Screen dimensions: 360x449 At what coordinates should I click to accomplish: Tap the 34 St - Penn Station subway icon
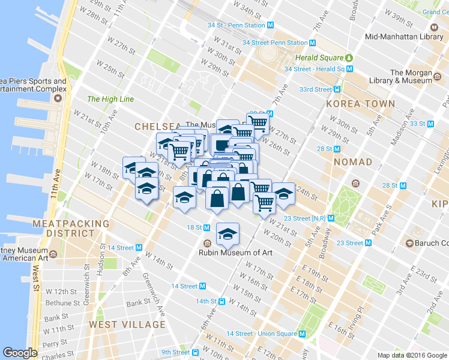[270, 25]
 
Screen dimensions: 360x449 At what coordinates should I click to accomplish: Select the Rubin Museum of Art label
[235, 253]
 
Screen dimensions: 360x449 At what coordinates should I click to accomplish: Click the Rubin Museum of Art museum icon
[207, 244]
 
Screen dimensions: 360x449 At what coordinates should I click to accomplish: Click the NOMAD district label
[353, 162]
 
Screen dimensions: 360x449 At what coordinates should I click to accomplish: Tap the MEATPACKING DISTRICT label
[72, 228]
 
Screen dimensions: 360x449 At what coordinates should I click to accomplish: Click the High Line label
[110, 99]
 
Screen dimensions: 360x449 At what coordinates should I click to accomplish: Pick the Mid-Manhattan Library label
[404, 37]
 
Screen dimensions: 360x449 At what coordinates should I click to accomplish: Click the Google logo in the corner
[20, 353]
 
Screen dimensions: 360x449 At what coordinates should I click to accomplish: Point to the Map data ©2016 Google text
[412, 355]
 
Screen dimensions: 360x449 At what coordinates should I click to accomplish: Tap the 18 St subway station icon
[206, 227]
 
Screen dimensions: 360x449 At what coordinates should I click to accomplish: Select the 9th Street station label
[175, 352]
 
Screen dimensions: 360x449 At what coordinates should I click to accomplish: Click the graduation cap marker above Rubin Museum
[228, 233]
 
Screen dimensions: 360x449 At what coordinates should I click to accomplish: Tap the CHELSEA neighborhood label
[157, 127]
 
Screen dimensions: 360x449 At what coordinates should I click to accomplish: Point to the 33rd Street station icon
[337, 89]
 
